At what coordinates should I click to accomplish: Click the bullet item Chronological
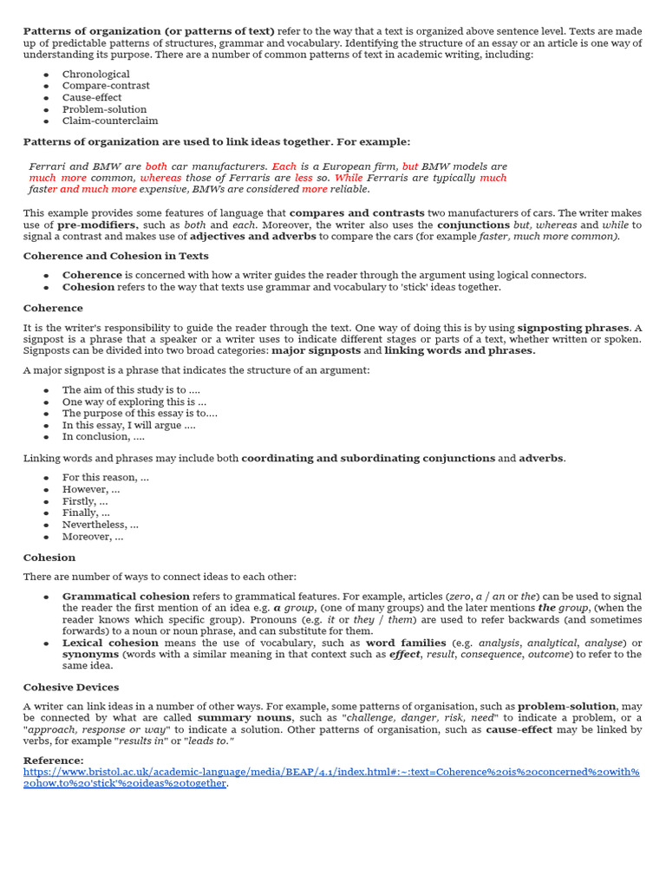(95, 75)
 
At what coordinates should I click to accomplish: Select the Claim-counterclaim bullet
(110, 121)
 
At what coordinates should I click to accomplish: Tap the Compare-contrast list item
(106, 86)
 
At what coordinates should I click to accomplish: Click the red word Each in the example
(284, 166)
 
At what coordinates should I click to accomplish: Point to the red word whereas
(160, 178)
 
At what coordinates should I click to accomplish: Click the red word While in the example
(349, 178)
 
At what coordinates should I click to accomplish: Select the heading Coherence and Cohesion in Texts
(115, 256)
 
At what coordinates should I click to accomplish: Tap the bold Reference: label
(54, 761)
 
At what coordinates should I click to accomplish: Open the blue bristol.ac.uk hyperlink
(330, 772)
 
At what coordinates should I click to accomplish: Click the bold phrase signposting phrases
(572, 328)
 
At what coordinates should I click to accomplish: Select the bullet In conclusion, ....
(103, 437)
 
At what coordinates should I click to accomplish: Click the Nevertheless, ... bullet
(100, 525)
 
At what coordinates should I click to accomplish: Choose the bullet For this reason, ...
(105, 478)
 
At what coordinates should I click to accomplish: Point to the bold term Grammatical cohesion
(126, 597)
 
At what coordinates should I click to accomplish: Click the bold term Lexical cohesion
(111, 643)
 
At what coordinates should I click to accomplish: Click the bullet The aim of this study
(124, 390)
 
